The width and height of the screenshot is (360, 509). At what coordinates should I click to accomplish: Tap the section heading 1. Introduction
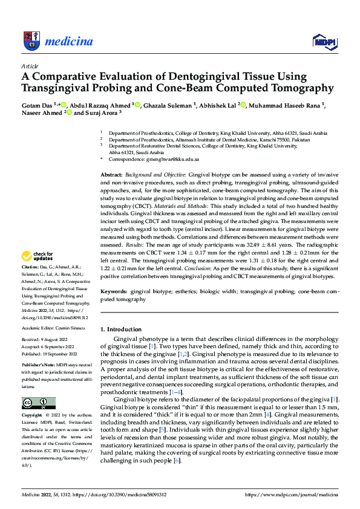pyautogui.click(x=120, y=329)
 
